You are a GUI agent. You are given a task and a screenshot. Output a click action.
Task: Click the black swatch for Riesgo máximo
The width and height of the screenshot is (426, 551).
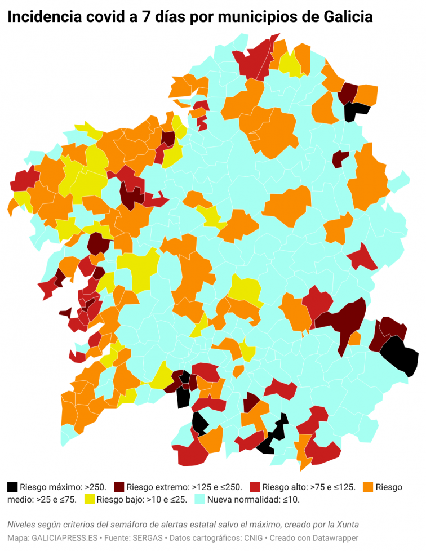point(12,486)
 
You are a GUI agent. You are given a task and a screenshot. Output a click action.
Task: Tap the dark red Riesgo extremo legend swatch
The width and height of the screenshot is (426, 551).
point(119,486)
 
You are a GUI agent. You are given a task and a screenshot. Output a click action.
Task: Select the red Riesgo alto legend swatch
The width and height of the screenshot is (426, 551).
point(255,486)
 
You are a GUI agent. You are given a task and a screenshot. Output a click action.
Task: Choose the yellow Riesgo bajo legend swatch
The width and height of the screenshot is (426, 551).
point(89,499)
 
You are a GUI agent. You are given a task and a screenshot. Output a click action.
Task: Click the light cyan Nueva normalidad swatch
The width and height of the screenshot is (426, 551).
point(199,499)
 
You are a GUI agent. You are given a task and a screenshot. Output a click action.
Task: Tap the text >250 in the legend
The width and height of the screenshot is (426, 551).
point(96,487)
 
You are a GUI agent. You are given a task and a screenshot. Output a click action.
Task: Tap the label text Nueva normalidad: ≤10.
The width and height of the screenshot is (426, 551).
point(254,499)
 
